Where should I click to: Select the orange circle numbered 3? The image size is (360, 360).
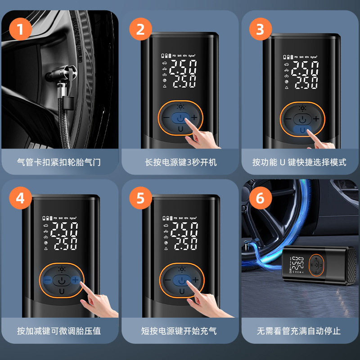click(260, 29)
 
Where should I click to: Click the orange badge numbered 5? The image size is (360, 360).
click(140, 198)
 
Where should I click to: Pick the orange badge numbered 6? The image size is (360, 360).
click(260, 198)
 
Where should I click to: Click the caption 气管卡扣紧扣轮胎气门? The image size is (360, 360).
click(58, 162)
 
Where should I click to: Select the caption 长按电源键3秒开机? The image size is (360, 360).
click(180, 162)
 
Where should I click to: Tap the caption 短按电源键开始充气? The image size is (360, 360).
click(180, 331)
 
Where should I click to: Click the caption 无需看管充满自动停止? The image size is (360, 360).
click(299, 331)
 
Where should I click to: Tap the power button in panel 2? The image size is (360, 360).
click(180, 117)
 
